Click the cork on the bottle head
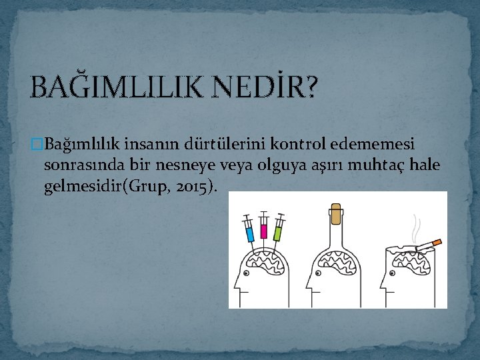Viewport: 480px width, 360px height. click(x=337, y=215)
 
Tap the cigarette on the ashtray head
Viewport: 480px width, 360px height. click(x=429, y=245)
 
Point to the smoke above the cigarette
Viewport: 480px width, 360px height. click(x=417, y=227)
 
